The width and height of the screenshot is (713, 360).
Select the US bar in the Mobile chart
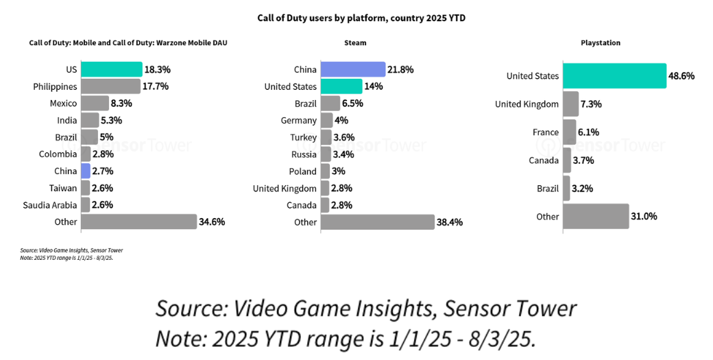(111, 69)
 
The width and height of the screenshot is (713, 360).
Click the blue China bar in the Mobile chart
(86, 171)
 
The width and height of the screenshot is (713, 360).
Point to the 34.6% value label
(212, 221)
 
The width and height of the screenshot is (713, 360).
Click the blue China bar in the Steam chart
(352, 69)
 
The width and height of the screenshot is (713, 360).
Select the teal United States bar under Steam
(341, 86)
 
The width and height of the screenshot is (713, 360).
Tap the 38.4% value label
(449, 222)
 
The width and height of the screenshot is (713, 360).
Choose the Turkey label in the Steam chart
(303, 137)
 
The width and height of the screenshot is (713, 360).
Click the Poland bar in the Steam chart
(326, 171)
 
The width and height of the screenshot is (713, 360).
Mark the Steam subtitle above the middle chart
(355, 43)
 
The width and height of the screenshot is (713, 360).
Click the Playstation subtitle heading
(601, 43)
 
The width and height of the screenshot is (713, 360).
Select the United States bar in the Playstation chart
(614, 75)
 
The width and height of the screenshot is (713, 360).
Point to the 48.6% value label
(681, 76)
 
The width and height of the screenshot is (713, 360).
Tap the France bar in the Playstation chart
(569, 132)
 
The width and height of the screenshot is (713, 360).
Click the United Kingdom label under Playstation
(527, 104)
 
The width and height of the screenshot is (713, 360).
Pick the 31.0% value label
(644, 216)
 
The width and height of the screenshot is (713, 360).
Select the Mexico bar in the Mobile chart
(95, 104)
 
